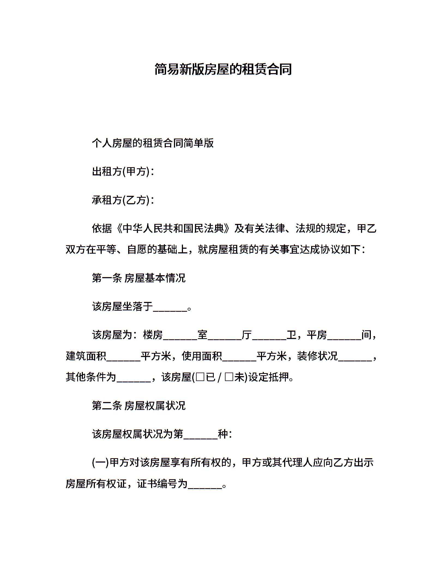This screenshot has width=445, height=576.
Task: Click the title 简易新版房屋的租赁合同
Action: (223, 69)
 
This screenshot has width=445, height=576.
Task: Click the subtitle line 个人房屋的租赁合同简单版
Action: (153, 143)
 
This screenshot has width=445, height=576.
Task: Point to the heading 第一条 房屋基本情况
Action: (139, 278)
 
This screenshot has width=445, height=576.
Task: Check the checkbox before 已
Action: (200, 377)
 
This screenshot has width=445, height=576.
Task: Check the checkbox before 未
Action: (229, 377)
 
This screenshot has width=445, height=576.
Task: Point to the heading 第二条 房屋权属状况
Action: (139, 406)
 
